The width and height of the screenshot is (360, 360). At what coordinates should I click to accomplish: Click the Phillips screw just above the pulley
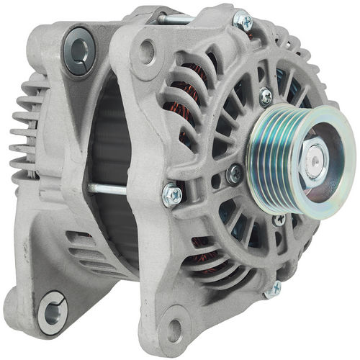(266, 95)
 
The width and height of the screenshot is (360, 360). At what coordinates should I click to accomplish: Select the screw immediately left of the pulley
(233, 174)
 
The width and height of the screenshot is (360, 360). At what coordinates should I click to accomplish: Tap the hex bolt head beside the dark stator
(171, 194)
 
